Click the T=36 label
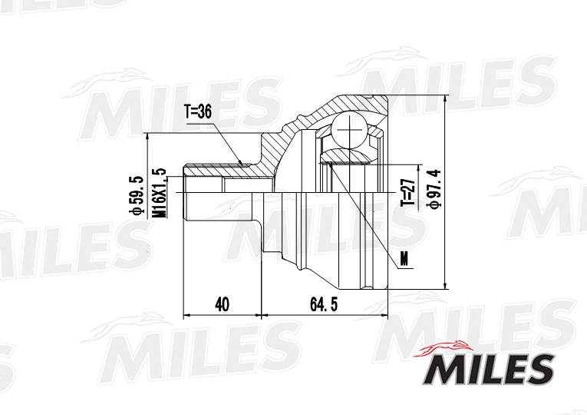click(x=198, y=111)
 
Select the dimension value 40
click(x=222, y=304)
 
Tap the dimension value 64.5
click(x=324, y=304)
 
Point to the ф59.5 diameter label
click(x=136, y=195)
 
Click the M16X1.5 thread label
click(x=160, y=193)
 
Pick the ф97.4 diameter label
click(x=435, y=188)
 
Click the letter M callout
click(x=404, y=258)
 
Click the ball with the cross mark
click(x=349, y=130)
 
